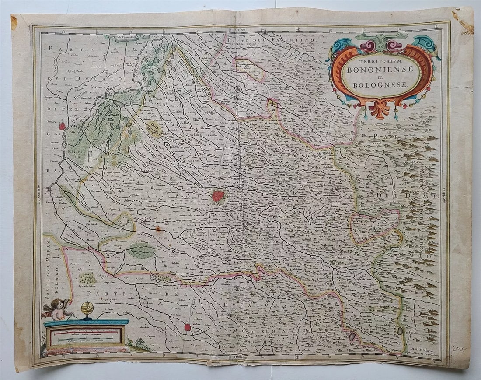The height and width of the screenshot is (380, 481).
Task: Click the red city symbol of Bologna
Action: [218, 196]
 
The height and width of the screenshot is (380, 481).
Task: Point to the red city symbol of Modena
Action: [187, 327]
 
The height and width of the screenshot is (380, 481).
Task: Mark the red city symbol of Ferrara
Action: [62, 127]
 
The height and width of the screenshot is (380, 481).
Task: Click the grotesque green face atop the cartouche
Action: [380, 42]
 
